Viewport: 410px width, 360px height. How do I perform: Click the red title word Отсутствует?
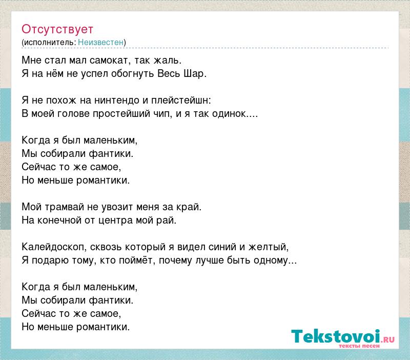(57, 29)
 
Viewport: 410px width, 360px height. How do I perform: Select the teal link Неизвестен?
(100, 43)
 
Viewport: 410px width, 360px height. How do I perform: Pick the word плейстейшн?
(180, 101)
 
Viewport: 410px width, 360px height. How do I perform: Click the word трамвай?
(64, 207)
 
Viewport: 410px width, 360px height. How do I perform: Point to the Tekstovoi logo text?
(336, 336)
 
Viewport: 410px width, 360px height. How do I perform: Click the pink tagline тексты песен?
(359, 346)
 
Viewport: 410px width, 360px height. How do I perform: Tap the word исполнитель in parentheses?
(49, 43)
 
